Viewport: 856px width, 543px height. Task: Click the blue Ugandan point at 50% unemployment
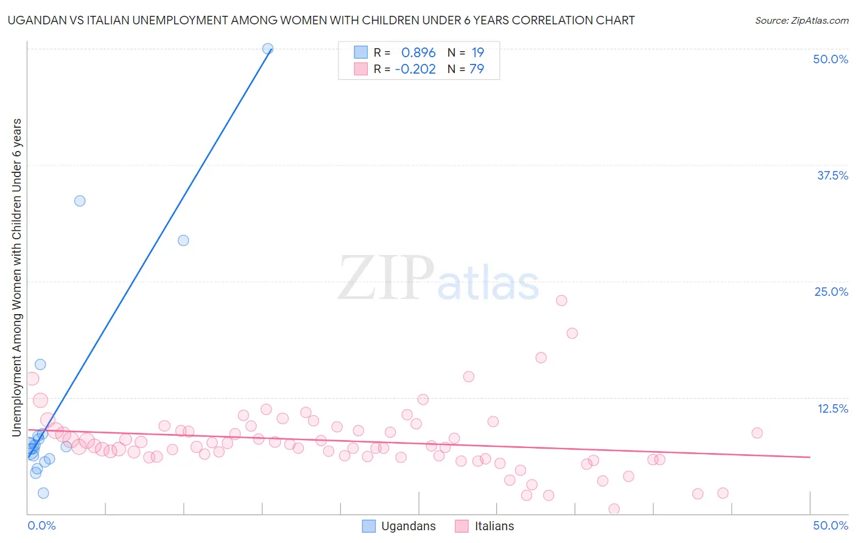tap(267, 49)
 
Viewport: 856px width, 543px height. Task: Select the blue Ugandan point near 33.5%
tap(80, 201)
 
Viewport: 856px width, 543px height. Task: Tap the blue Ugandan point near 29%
tap(183, 240)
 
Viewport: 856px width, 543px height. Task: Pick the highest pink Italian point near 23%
tap(561, 301)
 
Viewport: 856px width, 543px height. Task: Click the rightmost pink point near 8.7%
tap(757, 433)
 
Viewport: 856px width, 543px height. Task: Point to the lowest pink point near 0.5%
tap(614, 509)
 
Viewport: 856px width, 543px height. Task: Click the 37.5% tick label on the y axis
tap(832, 175)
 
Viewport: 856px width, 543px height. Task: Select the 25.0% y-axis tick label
tap(831, 292)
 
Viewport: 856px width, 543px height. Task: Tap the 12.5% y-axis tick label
tap(832, 408)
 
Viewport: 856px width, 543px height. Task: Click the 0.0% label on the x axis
tap(41, 525)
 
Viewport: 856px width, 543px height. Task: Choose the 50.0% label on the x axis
tap(830, 525)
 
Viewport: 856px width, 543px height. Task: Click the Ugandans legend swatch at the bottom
tap(369, 526)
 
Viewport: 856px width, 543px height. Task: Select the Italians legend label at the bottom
tap(494, 526)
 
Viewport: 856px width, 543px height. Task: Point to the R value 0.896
tap(418, 52)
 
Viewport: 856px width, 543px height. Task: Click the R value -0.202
tap(415, 69)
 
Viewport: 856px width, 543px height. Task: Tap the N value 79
tap(477, 69)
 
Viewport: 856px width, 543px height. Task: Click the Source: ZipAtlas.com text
tap(802, 20)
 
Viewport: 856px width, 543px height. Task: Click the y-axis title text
tap(16, 277)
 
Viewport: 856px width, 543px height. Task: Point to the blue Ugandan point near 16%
tap(40, 365)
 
